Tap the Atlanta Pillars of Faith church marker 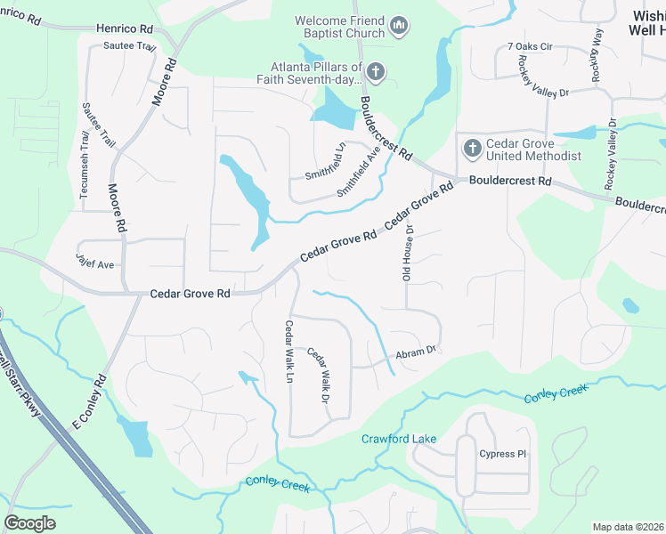376,71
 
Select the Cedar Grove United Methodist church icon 470,147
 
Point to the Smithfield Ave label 359,172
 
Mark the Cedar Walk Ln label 288,351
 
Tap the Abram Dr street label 415,352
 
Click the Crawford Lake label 398,439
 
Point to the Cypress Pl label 503,454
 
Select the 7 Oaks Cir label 530,46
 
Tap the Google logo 30,522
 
